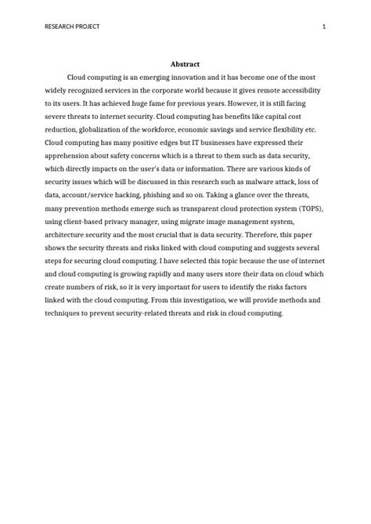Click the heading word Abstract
point(185,64)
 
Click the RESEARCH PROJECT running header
point(73,27)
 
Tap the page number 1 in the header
point(323,27)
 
